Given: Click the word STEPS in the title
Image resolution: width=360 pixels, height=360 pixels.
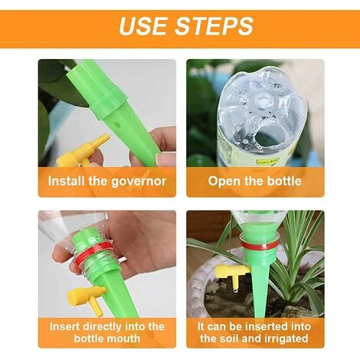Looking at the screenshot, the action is click(214, 26).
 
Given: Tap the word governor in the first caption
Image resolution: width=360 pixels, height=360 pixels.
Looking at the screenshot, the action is click(139, 182).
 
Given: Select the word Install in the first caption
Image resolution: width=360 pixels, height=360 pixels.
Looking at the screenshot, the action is click(67, 181).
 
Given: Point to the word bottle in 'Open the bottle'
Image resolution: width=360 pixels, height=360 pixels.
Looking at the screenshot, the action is click(284, 181).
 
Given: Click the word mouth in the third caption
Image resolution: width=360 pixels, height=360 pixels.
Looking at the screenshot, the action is click(124, 339).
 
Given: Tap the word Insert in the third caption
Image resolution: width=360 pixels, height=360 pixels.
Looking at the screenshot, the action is click(65, 326).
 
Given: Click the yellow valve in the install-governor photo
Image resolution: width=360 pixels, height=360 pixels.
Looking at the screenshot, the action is click(81, 152).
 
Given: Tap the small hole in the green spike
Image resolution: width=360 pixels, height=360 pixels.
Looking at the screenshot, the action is click(117, 125).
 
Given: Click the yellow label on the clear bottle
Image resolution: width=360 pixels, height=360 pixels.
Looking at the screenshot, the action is click(268, 162).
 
